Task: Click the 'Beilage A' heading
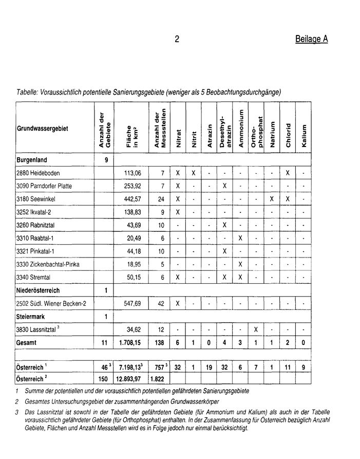point(312,39)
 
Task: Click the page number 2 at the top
point(177,40)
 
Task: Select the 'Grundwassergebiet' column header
point(42,128)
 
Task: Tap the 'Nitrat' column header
point(178,141)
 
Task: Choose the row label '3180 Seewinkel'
point(36,199)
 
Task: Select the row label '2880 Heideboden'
point(39,173)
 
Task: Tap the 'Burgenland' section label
point(32,160)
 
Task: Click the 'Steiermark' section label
point(31,316)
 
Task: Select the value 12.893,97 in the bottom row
point(130,379)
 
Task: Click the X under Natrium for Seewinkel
point(272,199)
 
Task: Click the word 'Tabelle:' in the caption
point(29,93)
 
